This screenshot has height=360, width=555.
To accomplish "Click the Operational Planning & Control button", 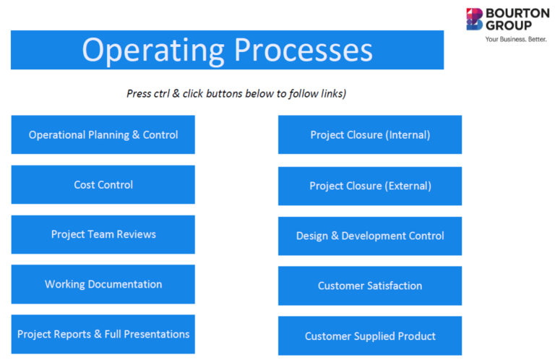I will [103, 134].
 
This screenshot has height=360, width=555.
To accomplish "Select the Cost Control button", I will [103, 184].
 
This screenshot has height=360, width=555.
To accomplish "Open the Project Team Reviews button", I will [103, 234].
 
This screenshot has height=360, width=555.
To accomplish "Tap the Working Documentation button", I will [103, 284].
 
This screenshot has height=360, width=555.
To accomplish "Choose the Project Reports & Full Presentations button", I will [103, 334].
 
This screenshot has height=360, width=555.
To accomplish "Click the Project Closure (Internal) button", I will [369, 134].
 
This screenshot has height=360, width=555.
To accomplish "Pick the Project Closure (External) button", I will [369, 186].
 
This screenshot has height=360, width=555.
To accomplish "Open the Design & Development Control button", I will [369, 236].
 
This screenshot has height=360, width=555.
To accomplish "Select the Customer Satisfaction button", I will [369, 286].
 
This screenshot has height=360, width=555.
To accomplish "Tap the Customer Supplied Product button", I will [369, 335].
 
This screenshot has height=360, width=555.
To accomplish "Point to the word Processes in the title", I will [304, 51].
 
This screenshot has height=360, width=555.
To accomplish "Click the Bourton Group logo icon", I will [475, 19].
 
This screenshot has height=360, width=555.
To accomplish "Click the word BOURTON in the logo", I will [517, 13].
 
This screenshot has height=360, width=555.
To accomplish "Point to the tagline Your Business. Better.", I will [516, 38].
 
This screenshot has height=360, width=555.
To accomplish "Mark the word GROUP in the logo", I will [508, 25].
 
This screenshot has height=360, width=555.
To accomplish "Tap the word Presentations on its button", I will [157, 334].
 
